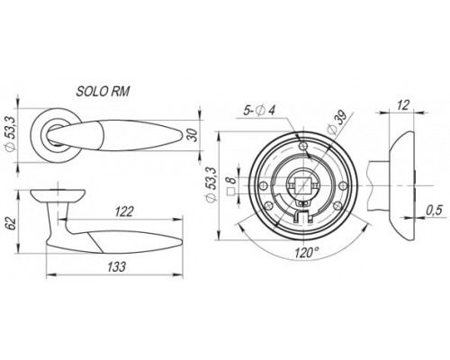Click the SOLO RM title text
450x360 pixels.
[x=103, y=92]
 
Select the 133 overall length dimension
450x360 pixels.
[x=116, y=266]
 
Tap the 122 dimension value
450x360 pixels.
[x=124, y=212]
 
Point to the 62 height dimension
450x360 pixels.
[x=12, y=222]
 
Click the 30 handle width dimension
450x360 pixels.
[x=194, y=135]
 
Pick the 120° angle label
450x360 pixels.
[x=305, y=253]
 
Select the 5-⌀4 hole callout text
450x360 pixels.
[x=259, y=111]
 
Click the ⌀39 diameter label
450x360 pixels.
[x=337, y=123]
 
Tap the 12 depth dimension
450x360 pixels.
[x=403, y=105]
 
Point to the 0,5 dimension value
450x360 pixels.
[x=435, y=211]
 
